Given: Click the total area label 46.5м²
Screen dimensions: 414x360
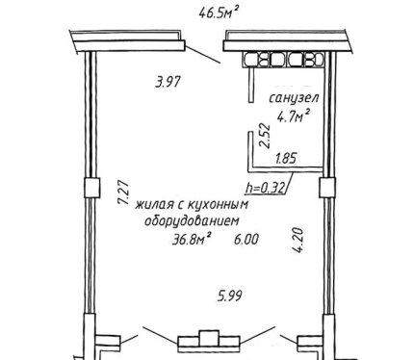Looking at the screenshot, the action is pyautogui.click(x=220, y=13).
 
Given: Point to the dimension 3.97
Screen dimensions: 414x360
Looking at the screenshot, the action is pyautogui.click(x=168, y=82).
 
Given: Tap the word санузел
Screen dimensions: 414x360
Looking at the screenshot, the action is pyautogui.click(x=294, y=98).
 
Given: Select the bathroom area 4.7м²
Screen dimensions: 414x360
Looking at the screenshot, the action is pyautogui.click(x=294, y=116).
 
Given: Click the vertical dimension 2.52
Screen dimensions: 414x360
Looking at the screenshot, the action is pyautogui.click(x=266, y=136).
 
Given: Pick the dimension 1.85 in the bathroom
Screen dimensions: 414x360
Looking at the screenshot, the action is pyautogui.click(x=286, y=158).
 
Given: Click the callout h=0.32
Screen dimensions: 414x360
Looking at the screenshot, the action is pyautogui.click(x=265, y=188).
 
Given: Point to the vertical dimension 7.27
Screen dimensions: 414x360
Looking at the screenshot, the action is pyautogui.click(x=123, y=193).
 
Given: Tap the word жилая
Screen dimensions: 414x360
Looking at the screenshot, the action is pyautogui.click(x=155, y=205).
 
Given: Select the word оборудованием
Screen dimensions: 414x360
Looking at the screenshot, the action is pyautogui.click(x=193, y=221).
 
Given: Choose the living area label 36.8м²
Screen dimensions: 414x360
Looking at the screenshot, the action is pyautogui.click(x=192, y=239).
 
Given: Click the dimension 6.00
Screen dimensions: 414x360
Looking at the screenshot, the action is pyautogui.click(x=246, y=240).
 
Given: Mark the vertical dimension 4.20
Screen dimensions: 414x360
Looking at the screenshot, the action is pyautogui.click(x=298, y=241).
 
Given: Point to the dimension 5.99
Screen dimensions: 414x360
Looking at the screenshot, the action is pyautogui.click(x=229, y=296).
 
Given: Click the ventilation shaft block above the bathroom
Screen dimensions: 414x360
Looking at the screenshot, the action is pyautogui.click(x=283, y=60).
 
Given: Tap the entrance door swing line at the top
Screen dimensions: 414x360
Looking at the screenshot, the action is pyautogui.click(x=203, y=55).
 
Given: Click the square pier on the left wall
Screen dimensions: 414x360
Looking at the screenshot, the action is pyautogui.click(x=92, y=188).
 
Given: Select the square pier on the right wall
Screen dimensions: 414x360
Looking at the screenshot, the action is pyautogui.click(x=327, y=188).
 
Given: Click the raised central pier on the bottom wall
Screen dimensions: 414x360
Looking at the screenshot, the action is pyautogui.click(x=209, y=338).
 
